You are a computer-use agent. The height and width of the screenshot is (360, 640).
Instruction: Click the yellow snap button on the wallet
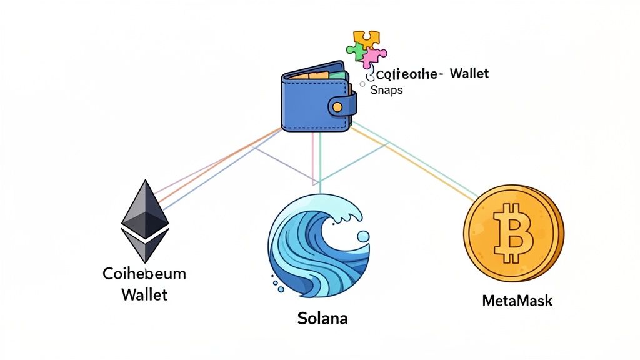click(337, 107)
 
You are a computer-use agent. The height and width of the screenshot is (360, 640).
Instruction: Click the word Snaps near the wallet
click(387, 90)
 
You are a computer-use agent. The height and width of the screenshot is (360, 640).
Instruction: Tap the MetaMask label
click(517, 301)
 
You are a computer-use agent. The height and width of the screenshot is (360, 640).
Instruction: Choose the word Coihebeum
click(144, 274)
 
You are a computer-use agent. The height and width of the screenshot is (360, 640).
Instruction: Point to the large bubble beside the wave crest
click(362, 236)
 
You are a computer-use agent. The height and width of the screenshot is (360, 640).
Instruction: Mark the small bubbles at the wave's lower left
click(276, 281)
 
